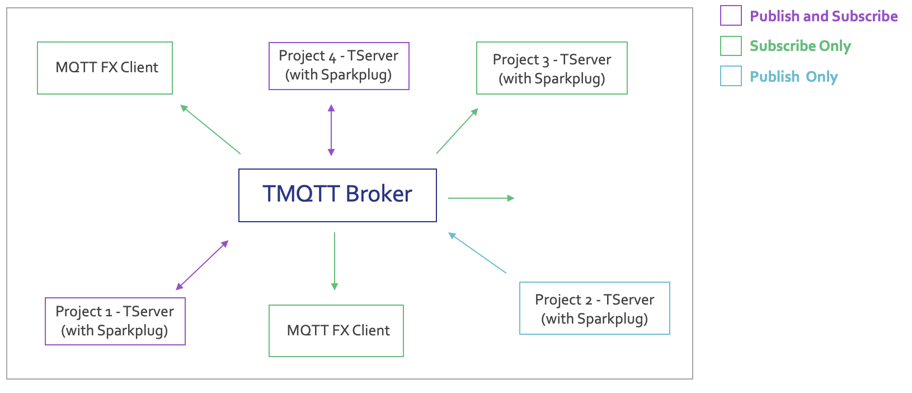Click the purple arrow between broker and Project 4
[x=331, y=130]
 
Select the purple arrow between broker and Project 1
[x=202, y=265]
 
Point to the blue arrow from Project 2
[x=477, y=252]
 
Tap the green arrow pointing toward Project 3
[x=457, y=131]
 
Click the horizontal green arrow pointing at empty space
[x=481, y=198]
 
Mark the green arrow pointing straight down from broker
[x=334, y=261]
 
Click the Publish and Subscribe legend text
[x=824, y=16]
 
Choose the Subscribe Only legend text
[x=801, y=46]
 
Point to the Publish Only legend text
[x=794, y=77]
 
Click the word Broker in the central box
[x=379, y=194]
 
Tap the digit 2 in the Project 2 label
[x=588, y=301]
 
